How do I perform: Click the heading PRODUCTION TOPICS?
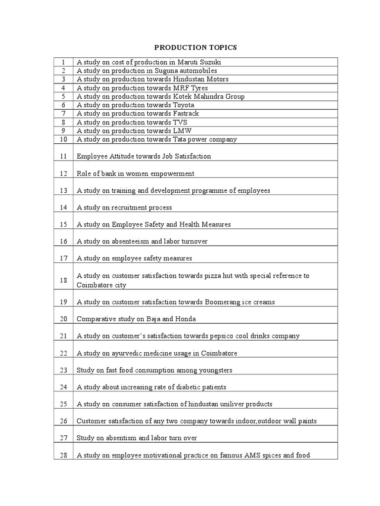tap(195, 47)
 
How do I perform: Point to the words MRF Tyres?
tap(190, 88)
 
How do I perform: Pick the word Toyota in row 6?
tap(184, 105)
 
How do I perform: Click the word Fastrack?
tap(186, 114)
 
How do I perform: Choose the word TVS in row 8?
tap(180, 122)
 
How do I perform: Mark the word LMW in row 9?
tap(182, 131)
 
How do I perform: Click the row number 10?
tap(63, 139)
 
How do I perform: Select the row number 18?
tap(63, 280)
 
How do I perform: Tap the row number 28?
tap(63, 455)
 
